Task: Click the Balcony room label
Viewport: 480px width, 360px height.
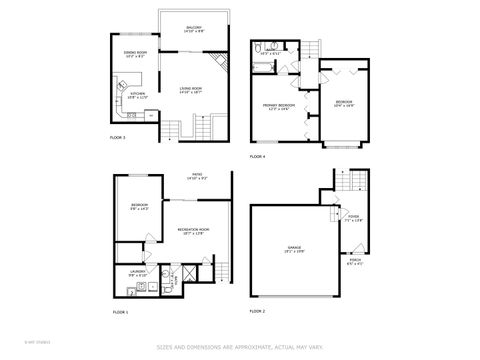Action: tap(193, 29)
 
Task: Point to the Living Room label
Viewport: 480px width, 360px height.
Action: tap(193, 90)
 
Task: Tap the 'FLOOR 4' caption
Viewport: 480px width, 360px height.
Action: tap(257, 157)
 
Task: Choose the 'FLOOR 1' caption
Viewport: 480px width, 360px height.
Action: tap(120, 313)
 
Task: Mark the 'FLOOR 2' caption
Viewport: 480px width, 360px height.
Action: tap(256, 311)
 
